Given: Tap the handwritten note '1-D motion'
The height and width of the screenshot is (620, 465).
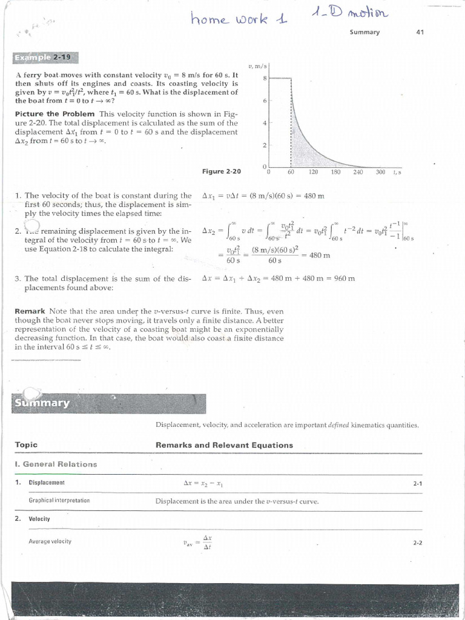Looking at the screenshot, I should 352,13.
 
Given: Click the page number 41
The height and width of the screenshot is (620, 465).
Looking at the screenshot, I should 420,32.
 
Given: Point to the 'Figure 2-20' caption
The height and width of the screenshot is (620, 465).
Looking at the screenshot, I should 221,171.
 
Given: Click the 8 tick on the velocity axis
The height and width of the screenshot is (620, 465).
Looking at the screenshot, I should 264,78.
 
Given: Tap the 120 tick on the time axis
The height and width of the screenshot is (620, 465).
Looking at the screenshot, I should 313,173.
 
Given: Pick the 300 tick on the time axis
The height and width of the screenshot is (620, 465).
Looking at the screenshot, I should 380,173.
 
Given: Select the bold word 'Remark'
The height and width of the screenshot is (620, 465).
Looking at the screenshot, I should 30,311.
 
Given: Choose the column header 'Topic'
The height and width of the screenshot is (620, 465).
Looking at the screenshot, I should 26,444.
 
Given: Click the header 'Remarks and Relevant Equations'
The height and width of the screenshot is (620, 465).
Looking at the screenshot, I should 224,445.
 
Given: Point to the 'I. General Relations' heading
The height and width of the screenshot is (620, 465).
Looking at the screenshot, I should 56,464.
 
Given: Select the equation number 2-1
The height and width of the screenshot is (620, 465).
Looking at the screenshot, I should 417,483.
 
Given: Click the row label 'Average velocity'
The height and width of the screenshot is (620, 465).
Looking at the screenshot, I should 50,541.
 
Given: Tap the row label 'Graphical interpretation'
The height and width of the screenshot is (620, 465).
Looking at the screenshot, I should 59,501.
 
